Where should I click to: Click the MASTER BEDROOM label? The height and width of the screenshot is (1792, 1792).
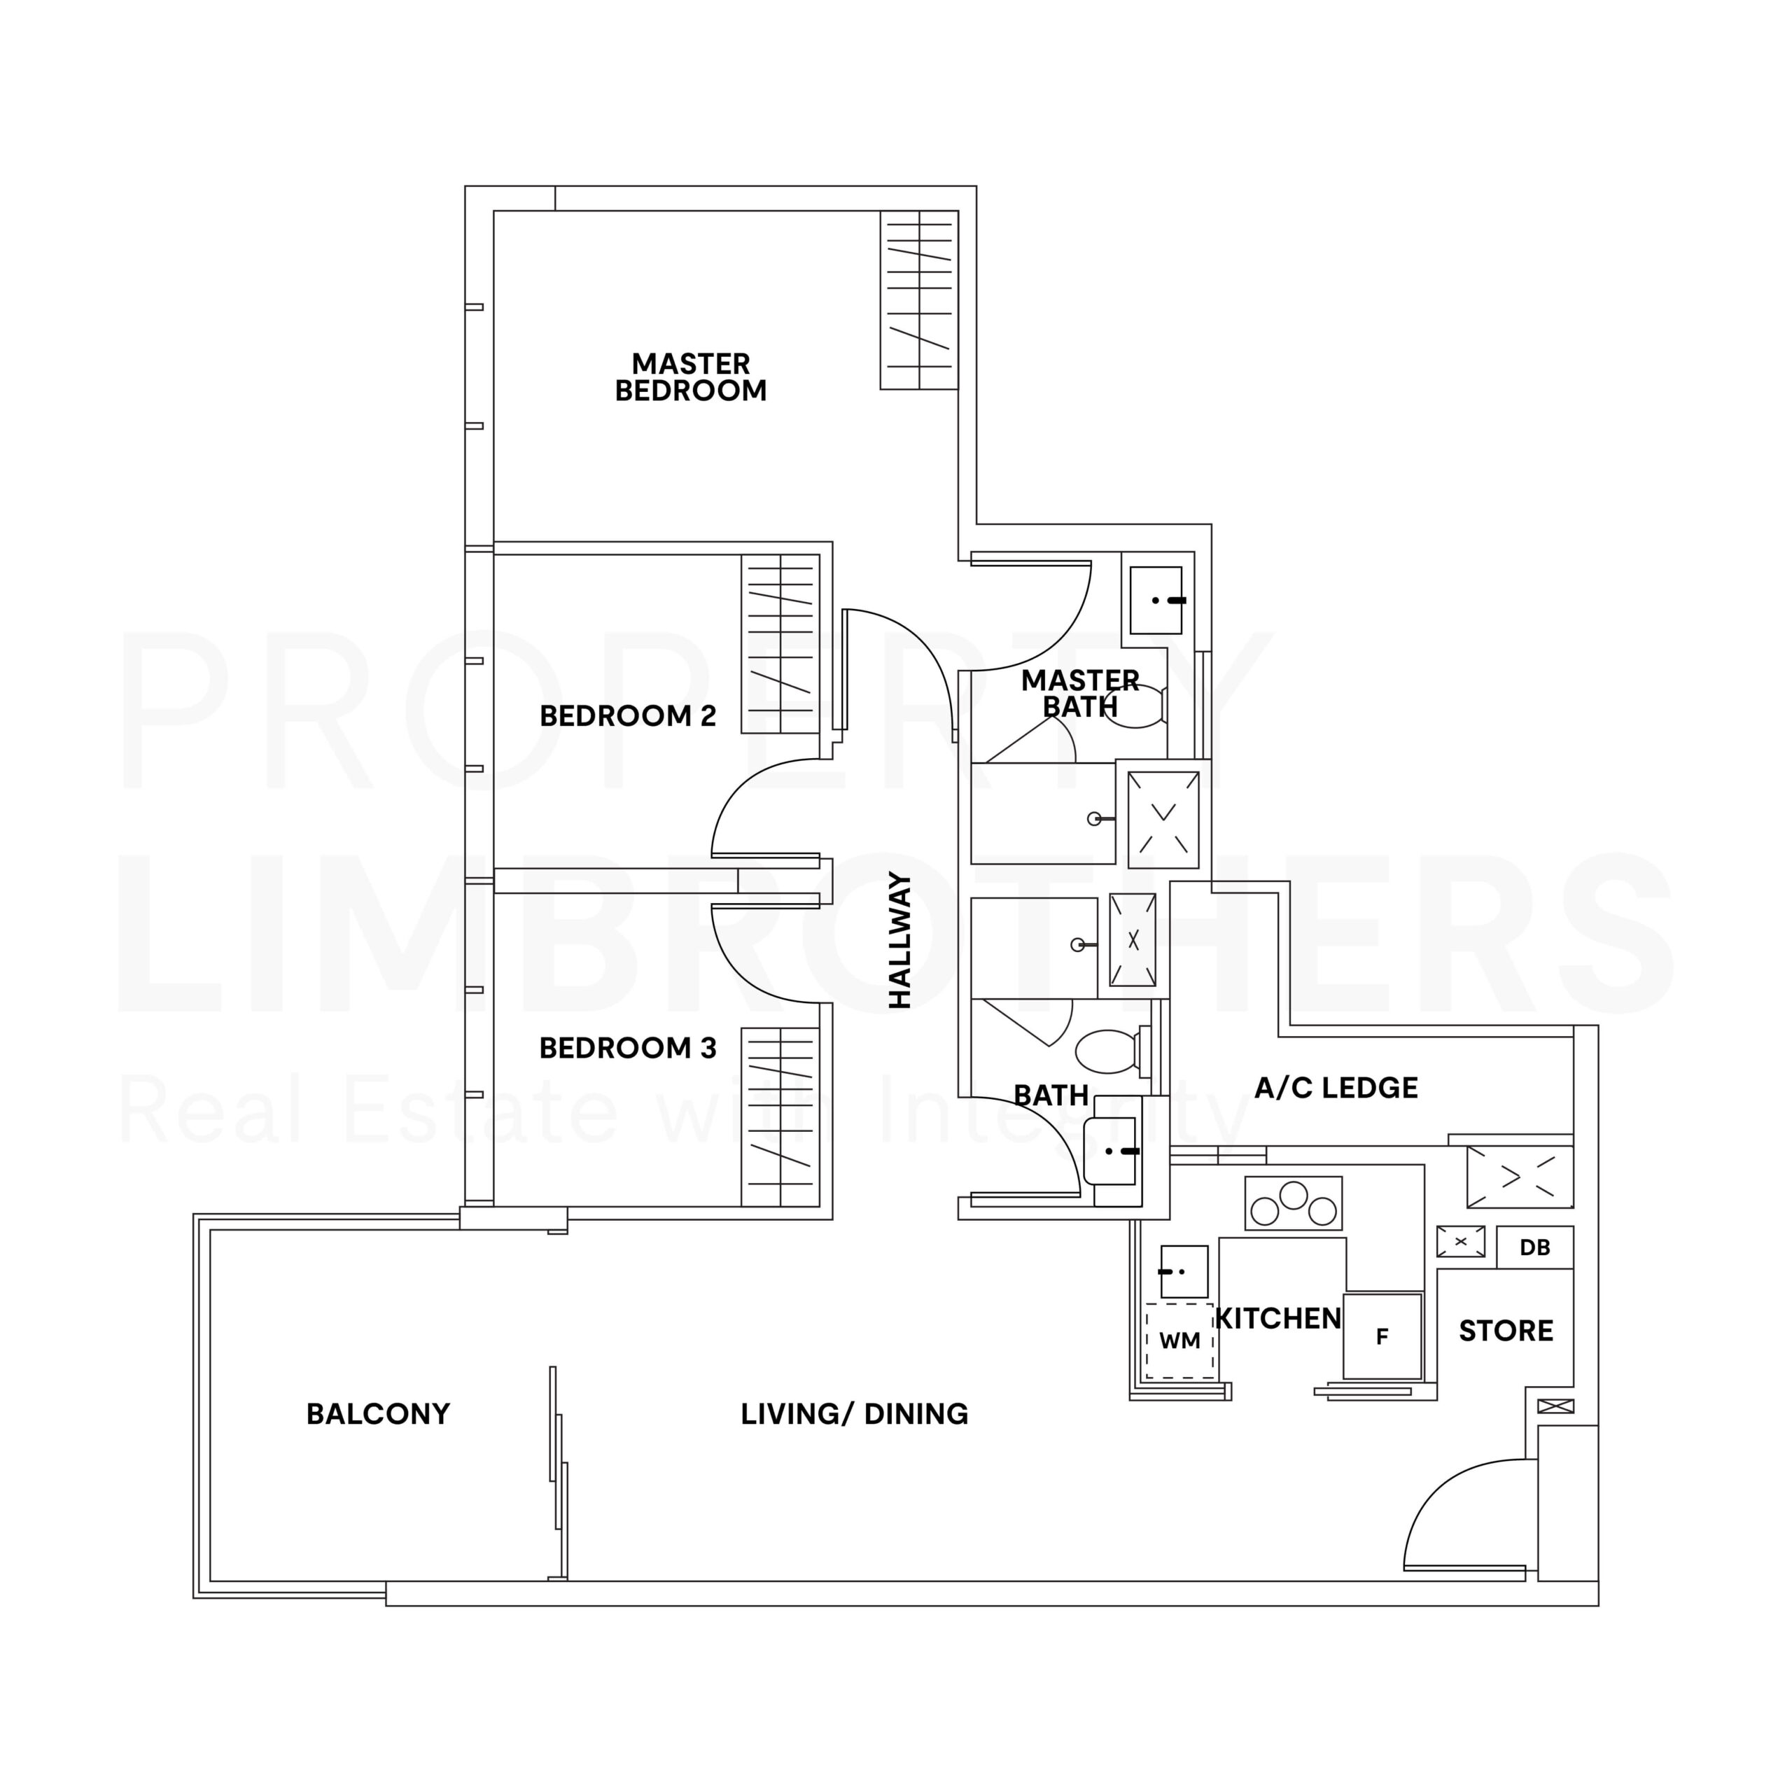click(x=691, y=377)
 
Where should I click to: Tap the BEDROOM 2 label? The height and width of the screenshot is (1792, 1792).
click(x=628, y=716)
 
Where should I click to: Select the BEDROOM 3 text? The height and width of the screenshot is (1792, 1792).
click(x=628, y=1048)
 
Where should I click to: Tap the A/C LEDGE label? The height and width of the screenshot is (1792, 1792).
click(x=1336, y=1088)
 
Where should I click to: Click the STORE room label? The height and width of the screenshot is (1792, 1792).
click(x=1506, y=1331)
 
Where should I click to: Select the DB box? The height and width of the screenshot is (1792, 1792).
click(x=1534, y=1247)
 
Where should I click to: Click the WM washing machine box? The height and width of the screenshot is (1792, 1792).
click(x=1179, y=1341)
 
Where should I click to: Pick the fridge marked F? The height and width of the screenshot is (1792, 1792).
click(x=1382, y=1336)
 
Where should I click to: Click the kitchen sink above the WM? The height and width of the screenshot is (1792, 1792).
click(x=1184, y=1272)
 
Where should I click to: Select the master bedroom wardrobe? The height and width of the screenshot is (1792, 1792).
click(x=918, y=300)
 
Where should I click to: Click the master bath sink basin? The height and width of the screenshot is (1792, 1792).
click(x=1156, y=600)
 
